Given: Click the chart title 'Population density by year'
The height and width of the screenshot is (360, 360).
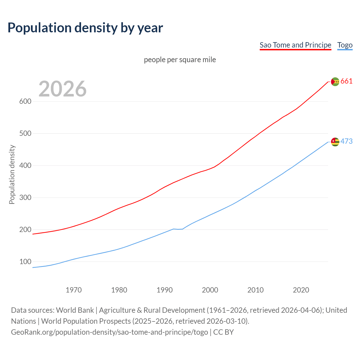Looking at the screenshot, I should click(85, 28).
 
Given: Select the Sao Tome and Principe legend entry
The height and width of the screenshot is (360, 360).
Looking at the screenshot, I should click(295, 45).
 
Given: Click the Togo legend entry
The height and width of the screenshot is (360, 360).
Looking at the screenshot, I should click(345, 45).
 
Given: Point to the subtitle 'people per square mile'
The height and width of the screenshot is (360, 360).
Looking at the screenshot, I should click(180, 60).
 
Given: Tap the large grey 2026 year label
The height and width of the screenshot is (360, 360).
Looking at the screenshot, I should click(62, 89).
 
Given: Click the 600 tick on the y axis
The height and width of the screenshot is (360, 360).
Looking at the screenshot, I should click(25, 101).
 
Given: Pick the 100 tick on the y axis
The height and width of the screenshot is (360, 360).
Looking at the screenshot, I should click(25, 262).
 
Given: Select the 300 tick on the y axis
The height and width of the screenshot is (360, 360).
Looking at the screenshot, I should click(25, 197).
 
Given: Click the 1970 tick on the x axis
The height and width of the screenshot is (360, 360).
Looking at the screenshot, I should click(74, 290).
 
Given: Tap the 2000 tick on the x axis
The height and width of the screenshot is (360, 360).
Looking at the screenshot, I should click(210, 290).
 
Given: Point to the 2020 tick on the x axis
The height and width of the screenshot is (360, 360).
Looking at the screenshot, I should click(301, 290).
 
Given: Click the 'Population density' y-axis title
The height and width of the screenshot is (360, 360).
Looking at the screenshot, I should click(12, 174).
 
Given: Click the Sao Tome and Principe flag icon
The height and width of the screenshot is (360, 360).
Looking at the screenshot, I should click(335, 82).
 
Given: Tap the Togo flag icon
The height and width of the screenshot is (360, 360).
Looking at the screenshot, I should click(335, 142).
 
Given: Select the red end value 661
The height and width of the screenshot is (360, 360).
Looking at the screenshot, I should click(346, 81).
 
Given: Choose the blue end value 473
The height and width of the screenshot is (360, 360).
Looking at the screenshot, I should click(346, 141).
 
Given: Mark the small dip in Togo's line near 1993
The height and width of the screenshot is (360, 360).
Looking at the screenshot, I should click(178, 229).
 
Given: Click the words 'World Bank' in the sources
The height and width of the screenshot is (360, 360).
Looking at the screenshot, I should click(75, 310).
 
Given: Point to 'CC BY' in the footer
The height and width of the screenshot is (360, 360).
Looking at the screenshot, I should click(224, 332).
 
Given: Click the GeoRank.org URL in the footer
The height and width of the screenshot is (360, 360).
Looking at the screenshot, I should click(109, 332).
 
